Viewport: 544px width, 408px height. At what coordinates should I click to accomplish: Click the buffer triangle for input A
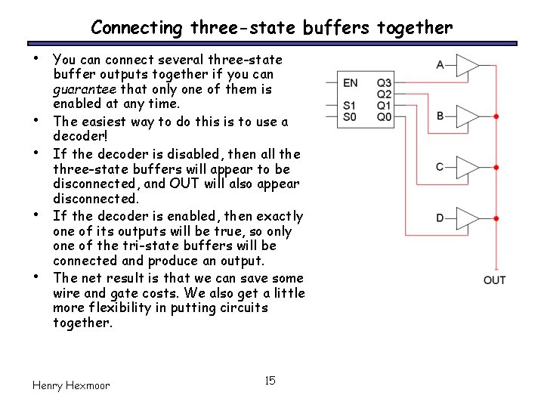point(467,66)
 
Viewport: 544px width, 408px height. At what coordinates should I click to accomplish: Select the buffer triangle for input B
point(467,116)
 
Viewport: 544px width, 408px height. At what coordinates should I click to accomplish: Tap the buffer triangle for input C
point(467,167)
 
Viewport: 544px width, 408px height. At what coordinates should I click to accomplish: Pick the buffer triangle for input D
point(467,218)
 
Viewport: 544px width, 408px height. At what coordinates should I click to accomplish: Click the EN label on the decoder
point(351,83)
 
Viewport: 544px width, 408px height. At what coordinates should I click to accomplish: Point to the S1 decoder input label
point(349,106)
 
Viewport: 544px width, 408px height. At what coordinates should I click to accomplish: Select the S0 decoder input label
point(349,117)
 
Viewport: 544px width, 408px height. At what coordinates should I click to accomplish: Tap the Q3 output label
point(385,83)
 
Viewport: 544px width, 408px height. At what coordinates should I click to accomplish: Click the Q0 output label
point(385,117)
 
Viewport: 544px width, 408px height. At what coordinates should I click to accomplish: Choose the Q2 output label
point(385,94)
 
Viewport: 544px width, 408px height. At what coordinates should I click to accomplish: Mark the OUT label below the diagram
point(494,281)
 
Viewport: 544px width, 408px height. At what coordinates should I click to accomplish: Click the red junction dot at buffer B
point(496,116)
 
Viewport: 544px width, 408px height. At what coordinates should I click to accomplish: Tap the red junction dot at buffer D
point(496,218)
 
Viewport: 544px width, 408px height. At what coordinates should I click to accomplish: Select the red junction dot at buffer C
point(496,167)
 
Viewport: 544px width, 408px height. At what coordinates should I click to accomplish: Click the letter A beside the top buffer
point(440,65)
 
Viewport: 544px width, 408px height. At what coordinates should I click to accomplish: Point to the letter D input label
point(440,218)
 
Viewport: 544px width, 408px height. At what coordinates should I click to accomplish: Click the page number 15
point(270,380)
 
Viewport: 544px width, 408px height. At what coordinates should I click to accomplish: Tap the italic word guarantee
point(79,89)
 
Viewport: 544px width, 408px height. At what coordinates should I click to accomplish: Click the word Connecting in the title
point(136,29)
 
